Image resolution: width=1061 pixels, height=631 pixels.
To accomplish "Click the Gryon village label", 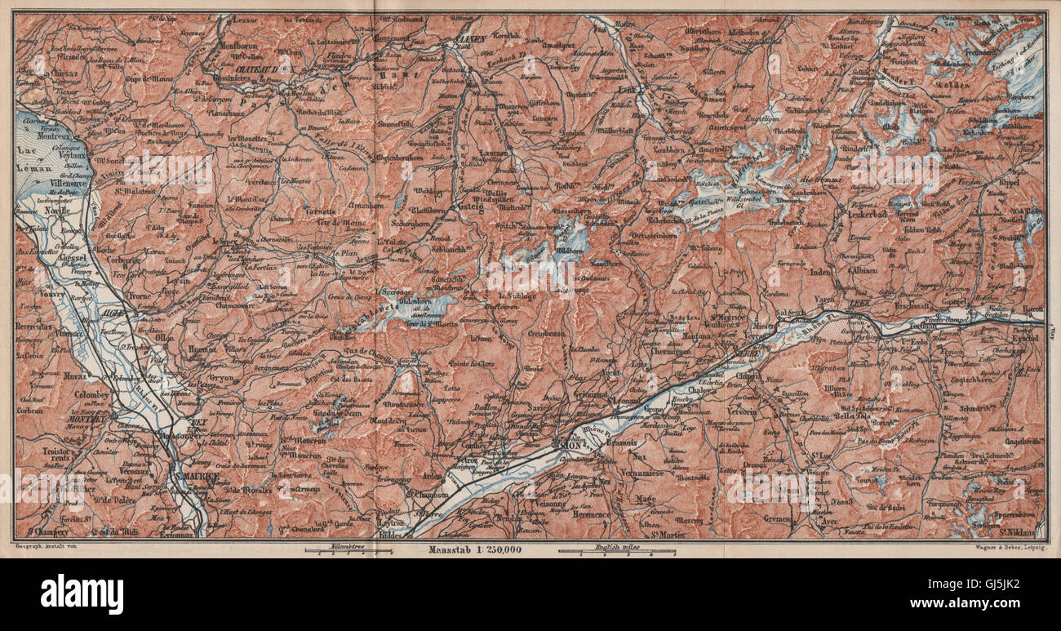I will point(220,379).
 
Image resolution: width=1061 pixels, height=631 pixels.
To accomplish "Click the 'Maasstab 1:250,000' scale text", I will point(474,549).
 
